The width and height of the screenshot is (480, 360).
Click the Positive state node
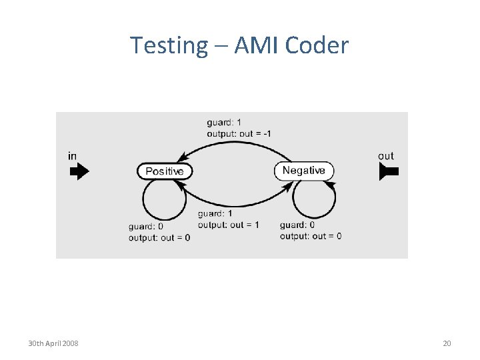point(165,171)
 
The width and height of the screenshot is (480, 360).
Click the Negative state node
point(303,171)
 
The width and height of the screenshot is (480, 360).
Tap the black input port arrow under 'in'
point(79,171)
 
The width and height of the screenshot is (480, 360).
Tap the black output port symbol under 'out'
point(389,171)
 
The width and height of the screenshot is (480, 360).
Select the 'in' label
point(72,156)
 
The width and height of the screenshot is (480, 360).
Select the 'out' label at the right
point(386,156)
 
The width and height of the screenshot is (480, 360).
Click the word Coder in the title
point(317,45)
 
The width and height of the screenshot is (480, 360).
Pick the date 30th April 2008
point(53,343)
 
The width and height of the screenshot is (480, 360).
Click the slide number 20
point(447,343)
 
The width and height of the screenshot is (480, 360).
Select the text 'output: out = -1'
point(239,133)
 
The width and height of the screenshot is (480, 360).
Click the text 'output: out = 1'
point(228,225)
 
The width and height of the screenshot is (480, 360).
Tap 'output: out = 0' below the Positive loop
point(159,237)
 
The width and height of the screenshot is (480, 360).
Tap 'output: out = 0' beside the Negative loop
point(311,236)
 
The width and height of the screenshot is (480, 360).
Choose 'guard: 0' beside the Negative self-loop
point(297,225)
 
